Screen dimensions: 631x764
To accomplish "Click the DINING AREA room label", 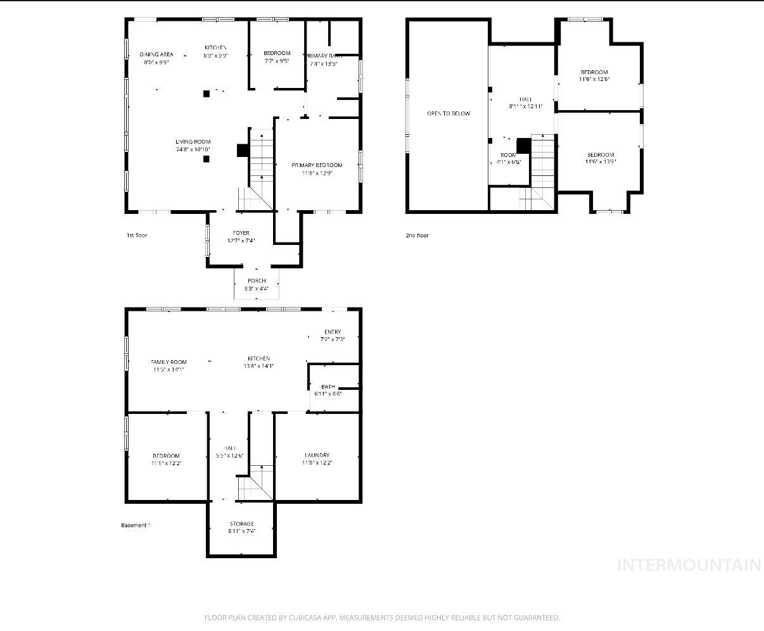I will click(x=156, y=55).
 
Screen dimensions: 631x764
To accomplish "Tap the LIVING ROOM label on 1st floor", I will click(x=193, y=142).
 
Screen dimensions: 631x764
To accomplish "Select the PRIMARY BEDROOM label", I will click(x=317, y=165).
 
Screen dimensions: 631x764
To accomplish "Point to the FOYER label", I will click(x=241, y=233).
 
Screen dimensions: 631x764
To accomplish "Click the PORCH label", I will click(x=257, y=281).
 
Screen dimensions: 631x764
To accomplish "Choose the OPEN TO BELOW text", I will click(x=448, y=114).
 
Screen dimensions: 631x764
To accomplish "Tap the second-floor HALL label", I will click(x=526, y=99).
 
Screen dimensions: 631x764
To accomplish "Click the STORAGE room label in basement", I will click(x=241, y=524).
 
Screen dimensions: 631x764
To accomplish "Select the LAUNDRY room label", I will click(x=317, y=456).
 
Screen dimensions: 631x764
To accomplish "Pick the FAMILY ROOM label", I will click(x=169, y=362).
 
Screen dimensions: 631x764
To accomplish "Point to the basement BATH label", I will click(x=328, y=387).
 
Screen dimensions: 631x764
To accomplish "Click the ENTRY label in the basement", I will click(x=333, y=332).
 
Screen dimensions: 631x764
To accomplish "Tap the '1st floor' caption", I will click(x=137, y=235).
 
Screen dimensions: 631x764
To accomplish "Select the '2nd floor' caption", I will click(x=417, y=235).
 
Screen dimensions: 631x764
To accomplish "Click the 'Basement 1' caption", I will click(x=136, y=525).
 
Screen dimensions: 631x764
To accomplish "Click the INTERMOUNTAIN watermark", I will click(x=689, y=565).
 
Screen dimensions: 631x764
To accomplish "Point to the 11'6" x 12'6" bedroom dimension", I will click(x=594, y=79).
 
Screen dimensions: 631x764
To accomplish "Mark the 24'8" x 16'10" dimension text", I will click(x=193, y=149).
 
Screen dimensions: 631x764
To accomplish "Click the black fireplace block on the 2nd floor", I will click(x=523, y=146).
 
